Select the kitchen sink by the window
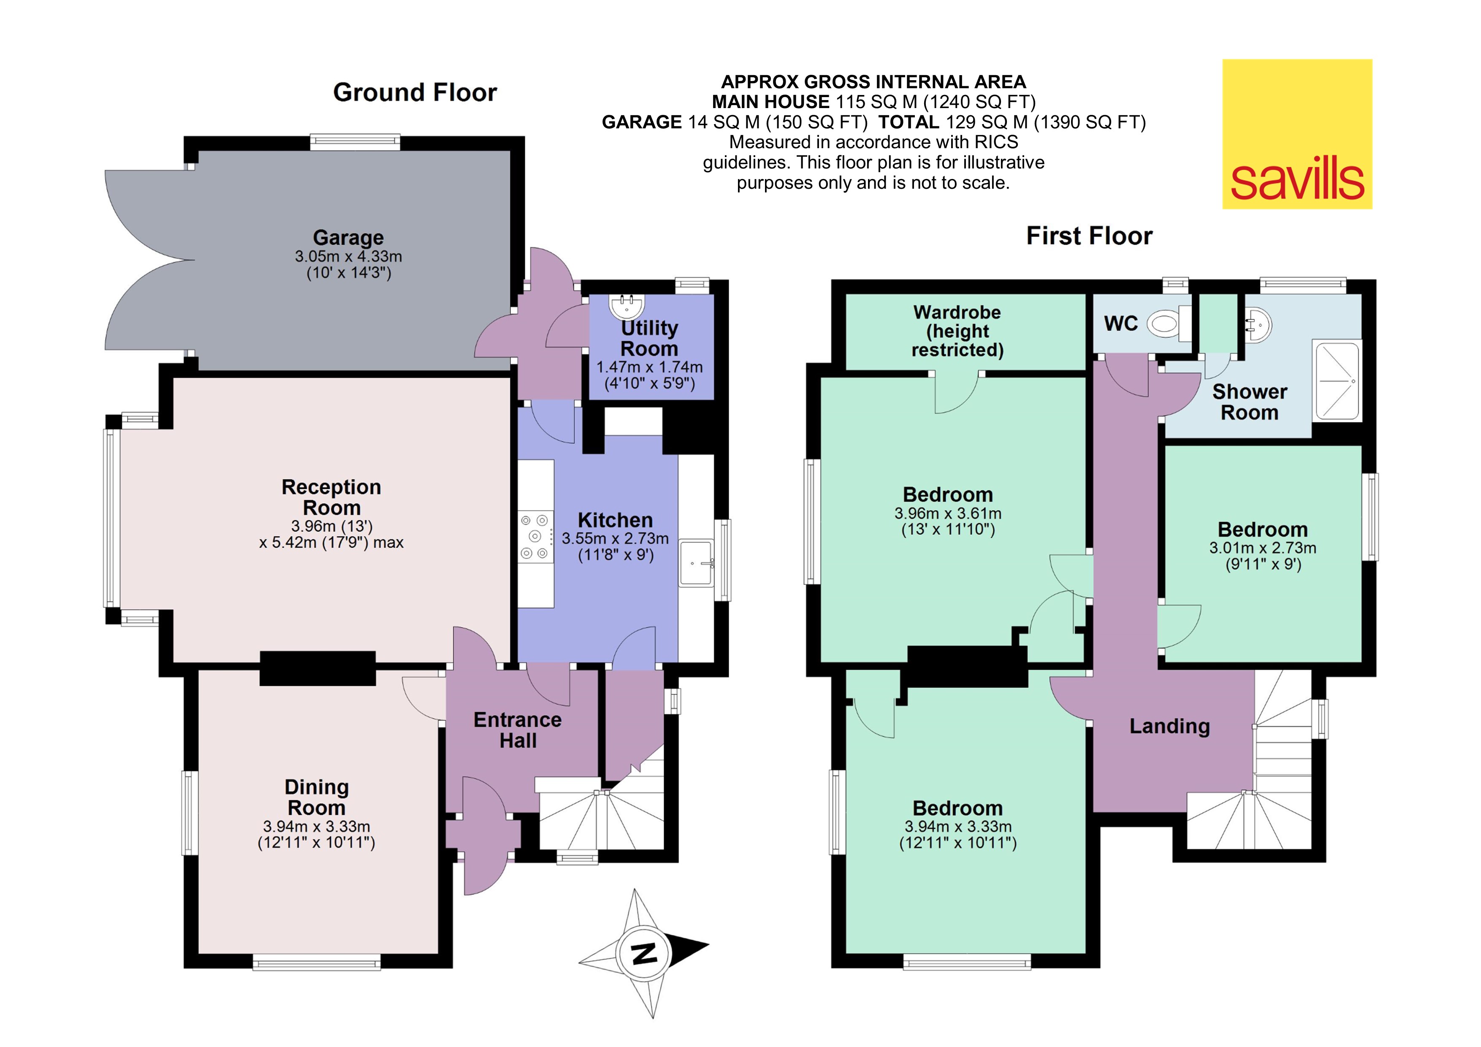696,562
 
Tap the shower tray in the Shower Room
1337,381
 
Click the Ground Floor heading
415,92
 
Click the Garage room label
348,237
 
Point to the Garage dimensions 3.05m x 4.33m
348,256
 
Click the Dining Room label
316,797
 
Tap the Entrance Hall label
517,730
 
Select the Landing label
1169,727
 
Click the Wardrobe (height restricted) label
957,331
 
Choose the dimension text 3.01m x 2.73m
1262,548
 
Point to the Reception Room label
331,497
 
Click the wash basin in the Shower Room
1258,324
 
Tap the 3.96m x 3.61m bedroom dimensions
947,513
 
